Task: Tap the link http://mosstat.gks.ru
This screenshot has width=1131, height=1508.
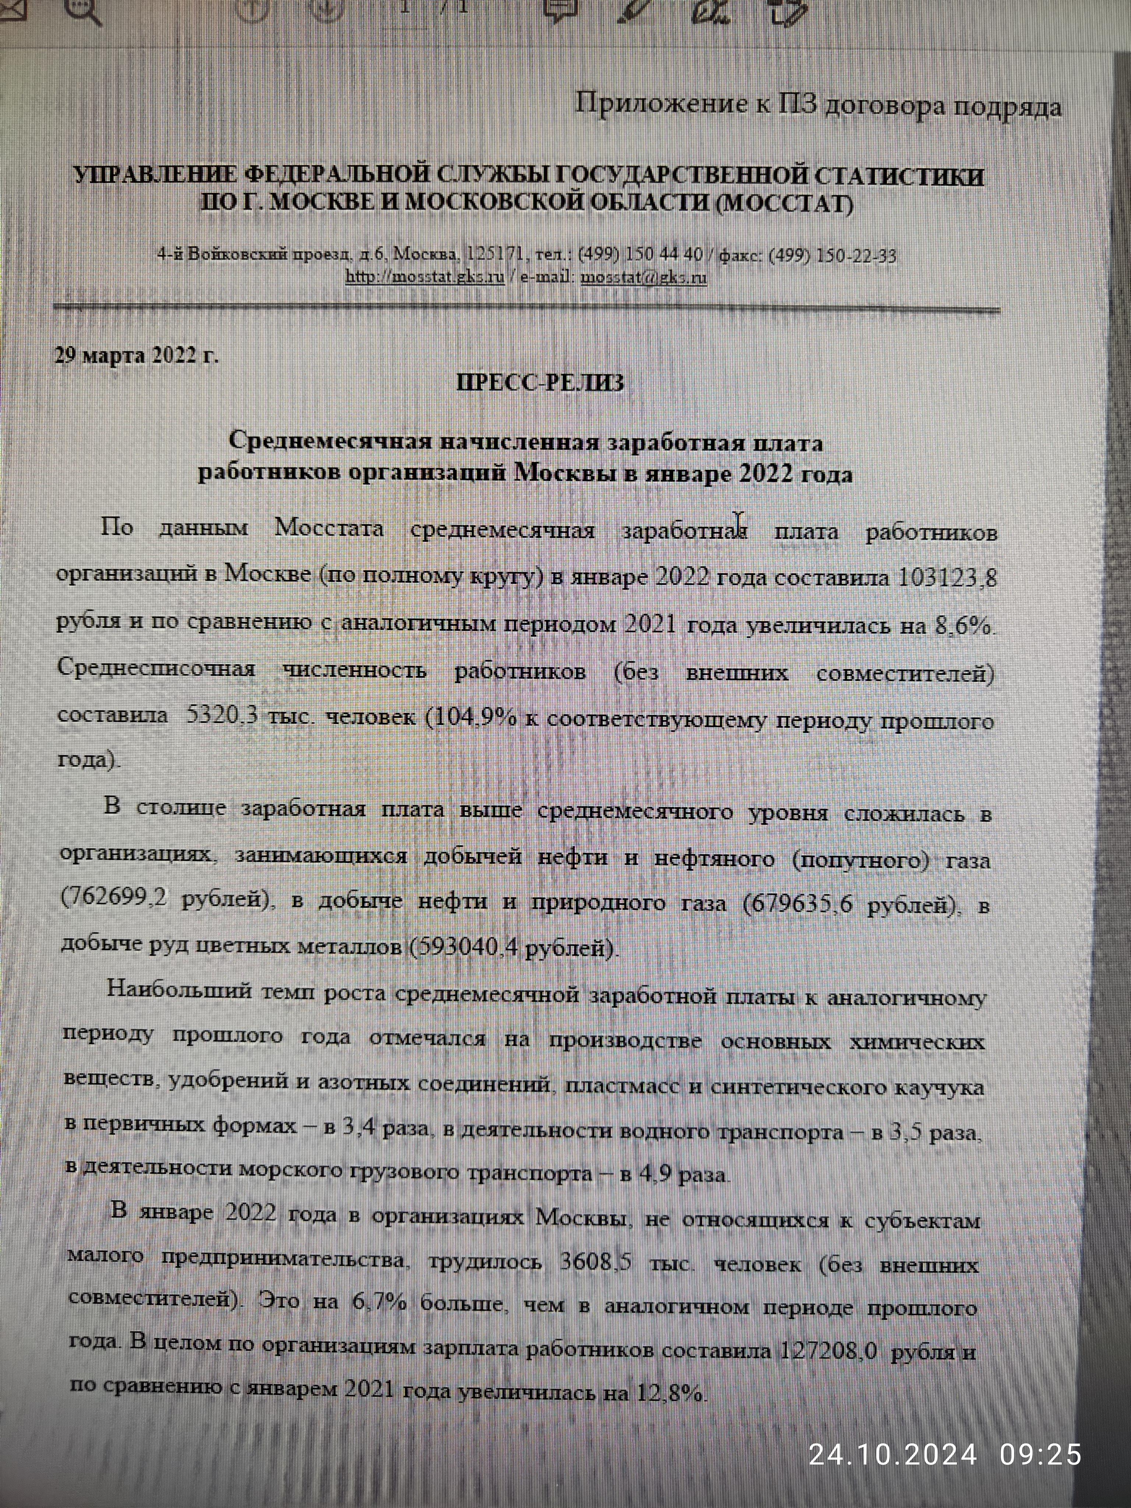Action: pyautogui.click(x=425, y=277)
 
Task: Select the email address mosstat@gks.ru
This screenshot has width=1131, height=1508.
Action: pyautogui.click(x=643, y=277)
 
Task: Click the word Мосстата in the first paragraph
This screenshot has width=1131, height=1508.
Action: pyautogui.click(x=329, y=528)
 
